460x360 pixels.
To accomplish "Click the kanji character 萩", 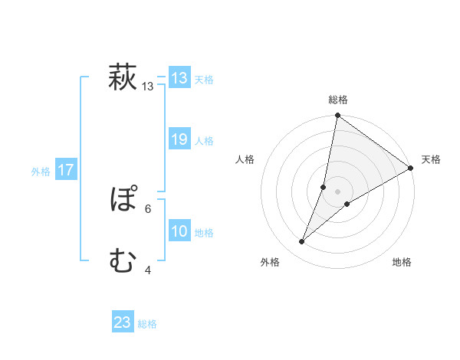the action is coord(123,78).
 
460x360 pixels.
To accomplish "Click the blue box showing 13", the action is coord(179,78).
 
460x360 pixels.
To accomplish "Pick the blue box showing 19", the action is coord(179,140).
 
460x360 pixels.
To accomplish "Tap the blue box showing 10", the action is coord(179,232).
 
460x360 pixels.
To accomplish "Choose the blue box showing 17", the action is coord(66,171).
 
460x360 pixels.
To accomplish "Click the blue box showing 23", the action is coord(123,323).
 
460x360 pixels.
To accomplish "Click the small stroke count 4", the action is coord(147,270).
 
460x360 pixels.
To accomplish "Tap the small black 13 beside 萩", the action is coord(148,87).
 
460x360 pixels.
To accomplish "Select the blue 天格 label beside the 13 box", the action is coord(204,79).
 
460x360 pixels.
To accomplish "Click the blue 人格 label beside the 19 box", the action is coord(204,141).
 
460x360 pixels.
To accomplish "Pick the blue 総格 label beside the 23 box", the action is coord(147,324).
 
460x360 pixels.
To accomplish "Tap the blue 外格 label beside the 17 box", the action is coord(41,172).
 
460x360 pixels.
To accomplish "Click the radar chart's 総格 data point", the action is coord(337,116).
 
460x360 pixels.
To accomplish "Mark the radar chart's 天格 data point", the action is coord(411,169).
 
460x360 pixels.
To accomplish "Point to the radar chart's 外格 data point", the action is coord(302,242).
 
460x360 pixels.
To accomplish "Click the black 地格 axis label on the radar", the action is coord(402,262).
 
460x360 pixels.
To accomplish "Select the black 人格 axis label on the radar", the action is coord(245,159).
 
